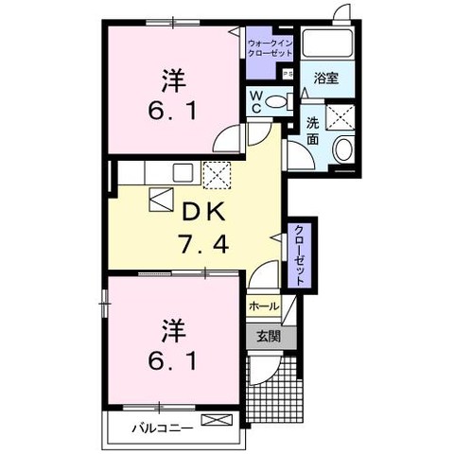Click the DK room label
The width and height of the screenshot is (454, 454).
[x=204, y=212]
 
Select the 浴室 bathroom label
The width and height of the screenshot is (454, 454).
[x=326, y=78]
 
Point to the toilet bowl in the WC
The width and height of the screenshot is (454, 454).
[x=275, y=101]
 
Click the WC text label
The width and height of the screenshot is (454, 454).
[x=256, y=101]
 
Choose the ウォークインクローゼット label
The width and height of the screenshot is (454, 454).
[x=271, y=48]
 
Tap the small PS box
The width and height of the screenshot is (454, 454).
[x=288, y=75]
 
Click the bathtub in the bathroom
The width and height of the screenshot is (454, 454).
[x=327, y=44]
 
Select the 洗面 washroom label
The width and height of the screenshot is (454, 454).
[x=312, y=131]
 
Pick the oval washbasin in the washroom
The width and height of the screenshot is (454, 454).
[x=344, y=149]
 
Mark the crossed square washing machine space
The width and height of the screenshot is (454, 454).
[x=340, y=116]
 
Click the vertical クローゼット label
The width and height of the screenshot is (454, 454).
[x=299, y=255]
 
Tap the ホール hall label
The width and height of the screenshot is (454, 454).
[x=264, y=306]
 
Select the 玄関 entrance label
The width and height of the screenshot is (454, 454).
[x=268, y=337]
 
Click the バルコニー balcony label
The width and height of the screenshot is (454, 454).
[x=162, y=428]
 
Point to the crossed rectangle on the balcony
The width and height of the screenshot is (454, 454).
[x=217, y=420]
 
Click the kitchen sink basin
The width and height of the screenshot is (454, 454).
[x=183, y=172]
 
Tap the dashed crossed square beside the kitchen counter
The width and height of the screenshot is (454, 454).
[x=217, y=175]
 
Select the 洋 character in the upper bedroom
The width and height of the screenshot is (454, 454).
[x=173, y=80]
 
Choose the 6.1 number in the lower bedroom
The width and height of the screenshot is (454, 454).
[x=173, y=360]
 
